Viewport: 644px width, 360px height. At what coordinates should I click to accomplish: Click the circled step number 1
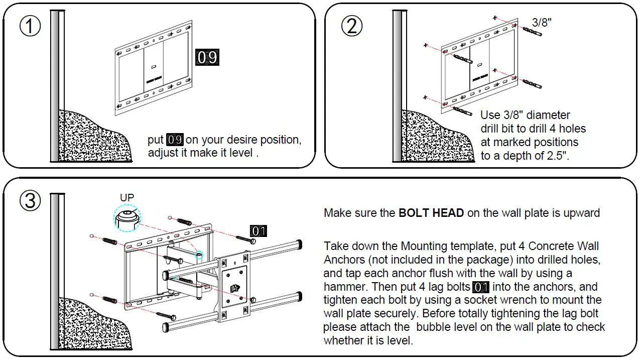point(30,26)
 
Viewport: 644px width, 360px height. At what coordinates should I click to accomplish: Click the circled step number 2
point(351,26)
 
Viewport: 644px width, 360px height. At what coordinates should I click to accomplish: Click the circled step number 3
point(30,200)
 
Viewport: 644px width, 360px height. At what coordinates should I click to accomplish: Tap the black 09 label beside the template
point(207,58)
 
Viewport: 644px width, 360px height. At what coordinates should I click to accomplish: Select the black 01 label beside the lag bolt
point(259,231)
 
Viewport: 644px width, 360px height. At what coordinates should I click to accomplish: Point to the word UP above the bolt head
point(127,197)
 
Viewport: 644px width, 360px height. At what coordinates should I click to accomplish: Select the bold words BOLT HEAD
point(431,213)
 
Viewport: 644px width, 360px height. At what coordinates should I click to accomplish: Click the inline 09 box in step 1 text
point(175,140)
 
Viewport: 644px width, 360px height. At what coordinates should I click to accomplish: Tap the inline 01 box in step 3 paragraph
point(481,287)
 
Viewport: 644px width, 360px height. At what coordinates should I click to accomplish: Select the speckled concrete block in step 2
point(434,138)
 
